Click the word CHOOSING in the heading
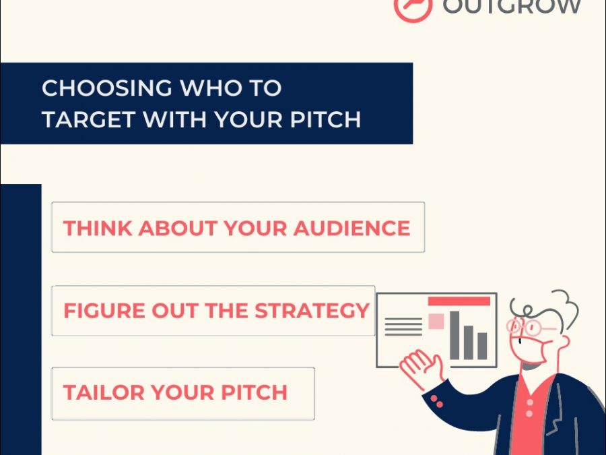(x=106, y=88)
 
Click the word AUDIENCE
(x=351, y=228)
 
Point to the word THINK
(x=98, y=228)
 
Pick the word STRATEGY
(x=312, y=310)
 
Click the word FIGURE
(x=104, y=310)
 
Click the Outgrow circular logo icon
(x=412, y=7)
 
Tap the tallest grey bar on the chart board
(x=454, y=335)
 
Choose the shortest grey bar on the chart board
(x=482, y=346)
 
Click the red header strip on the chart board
(x=459, y=301)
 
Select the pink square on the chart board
(x=436, y=321)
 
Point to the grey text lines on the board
(x=403, y=326)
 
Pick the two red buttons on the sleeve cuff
(x=437, y=401)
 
